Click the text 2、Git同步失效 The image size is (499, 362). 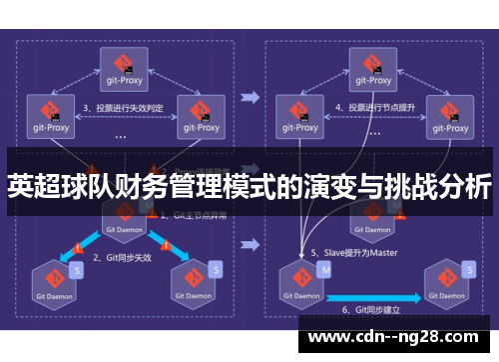tap(122, 257)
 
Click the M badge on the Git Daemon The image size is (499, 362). tap(323, 268)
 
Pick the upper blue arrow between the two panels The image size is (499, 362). tap(250, 98)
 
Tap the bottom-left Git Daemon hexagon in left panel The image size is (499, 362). tap(49, 281)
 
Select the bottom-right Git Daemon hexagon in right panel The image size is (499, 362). tap(444, 281)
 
